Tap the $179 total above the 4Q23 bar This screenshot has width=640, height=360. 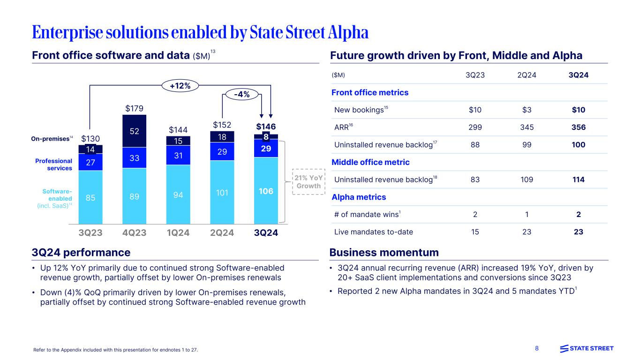click(134, 109)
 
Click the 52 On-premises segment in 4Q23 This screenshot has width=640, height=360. click(134, 132)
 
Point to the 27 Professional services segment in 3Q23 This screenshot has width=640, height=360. click(90, 162)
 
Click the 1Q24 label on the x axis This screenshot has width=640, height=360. click(178, 232)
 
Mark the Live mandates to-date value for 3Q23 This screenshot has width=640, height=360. click(475, 232)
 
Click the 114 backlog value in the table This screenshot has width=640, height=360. click(578, 180)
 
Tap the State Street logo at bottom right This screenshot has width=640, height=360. click(587, 348)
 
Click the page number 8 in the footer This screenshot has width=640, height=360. click(537, 349)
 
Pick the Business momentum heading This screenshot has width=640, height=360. click(384, 253)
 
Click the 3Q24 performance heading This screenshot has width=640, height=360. click(81, 253)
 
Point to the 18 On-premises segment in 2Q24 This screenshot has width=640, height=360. click(222, 137)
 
